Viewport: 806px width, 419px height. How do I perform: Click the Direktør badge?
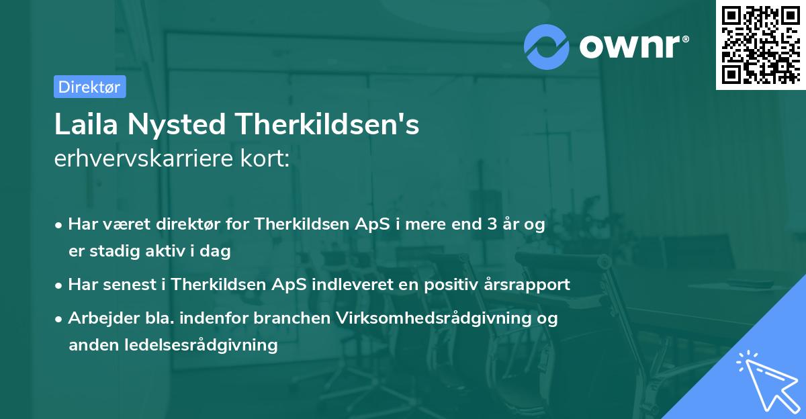coord(89,87)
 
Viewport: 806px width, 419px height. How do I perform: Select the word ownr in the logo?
coord(633,46)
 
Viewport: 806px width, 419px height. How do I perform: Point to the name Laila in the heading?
coord(83,125)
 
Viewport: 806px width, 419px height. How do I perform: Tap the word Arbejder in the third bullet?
coord(98,318)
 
